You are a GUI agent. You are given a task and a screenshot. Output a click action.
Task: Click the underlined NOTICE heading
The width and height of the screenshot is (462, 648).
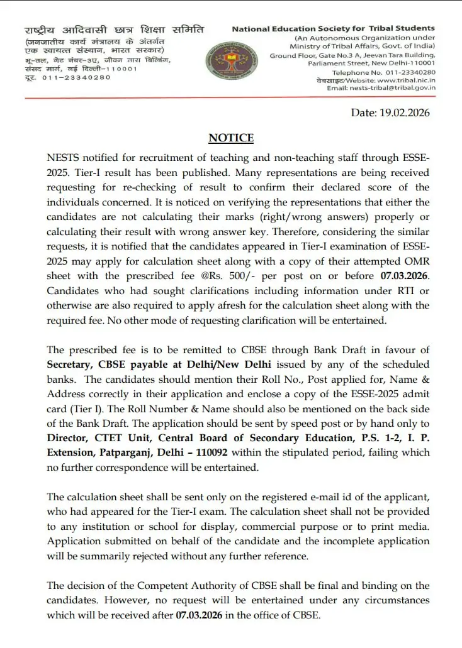pos(231,138)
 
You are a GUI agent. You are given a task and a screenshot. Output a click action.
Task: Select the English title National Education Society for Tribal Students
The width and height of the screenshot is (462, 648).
pos(333,28)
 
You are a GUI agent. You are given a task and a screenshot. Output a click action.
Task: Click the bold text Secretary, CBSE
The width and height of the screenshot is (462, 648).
pos(81,365)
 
